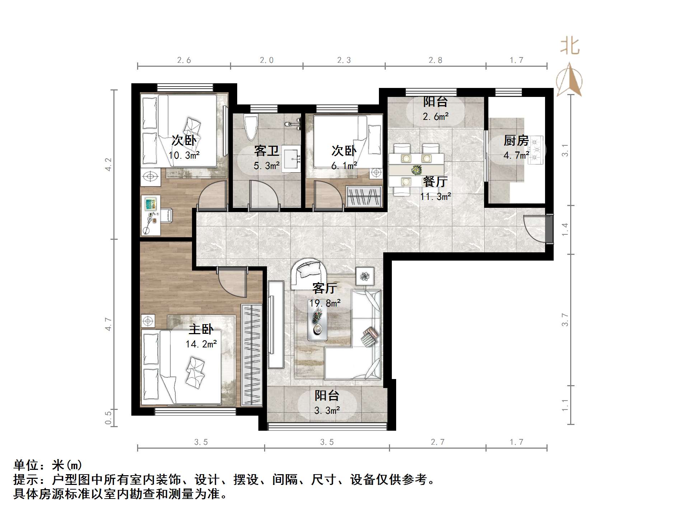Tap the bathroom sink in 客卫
291,159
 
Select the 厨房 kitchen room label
516,140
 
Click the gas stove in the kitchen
536,150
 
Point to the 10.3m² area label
184,155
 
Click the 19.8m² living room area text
325,303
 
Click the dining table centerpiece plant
416,169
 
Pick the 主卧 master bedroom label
201,329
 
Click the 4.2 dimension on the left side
108,164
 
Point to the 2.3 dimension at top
344,60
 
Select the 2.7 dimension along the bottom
437,442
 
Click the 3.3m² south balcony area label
327,410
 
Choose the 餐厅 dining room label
435,182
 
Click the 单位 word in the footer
26,465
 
